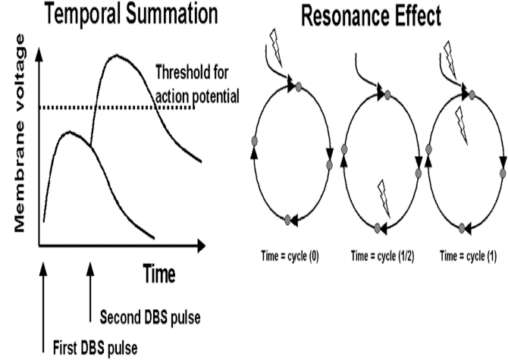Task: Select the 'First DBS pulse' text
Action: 94,348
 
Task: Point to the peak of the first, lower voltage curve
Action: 69,133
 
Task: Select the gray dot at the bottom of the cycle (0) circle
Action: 287,221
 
